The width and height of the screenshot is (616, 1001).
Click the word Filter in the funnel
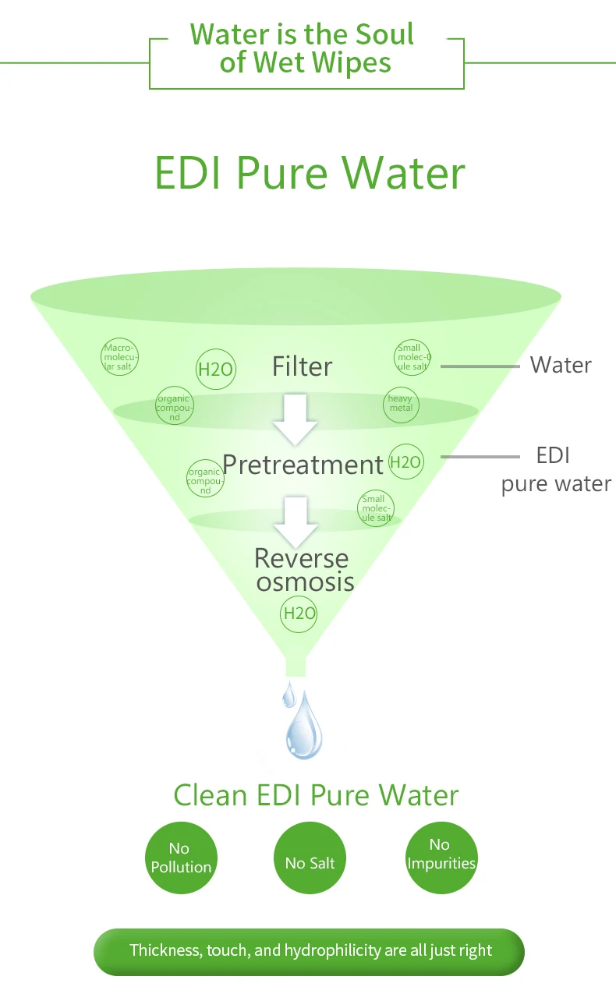pyautogui.click(x=302, y=366)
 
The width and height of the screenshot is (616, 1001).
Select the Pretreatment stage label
pyautogui.click(x=303, y=465)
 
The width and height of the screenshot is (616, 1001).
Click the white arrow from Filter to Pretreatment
pyautogui.click(x=295, y=419)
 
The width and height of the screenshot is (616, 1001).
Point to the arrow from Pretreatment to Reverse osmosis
pyautogui.click(x=295, y=521)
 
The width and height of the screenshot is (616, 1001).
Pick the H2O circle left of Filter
pyautogui.click(x=215, y=369)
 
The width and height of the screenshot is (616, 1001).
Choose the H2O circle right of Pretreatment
pyautogui.click(x=405, y=462)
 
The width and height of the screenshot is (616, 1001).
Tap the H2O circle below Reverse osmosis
pyautogui.click(x=299, y=614)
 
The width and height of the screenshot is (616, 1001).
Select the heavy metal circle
pyautogui.click(x=401, y=404)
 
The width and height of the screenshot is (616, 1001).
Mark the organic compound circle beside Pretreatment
pyautogui.click(x=205, y=478)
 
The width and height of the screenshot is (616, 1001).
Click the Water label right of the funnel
pyautogui.click(x=561, y=365)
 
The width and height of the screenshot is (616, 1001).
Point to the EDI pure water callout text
pyautogui.click(x=555, y=470)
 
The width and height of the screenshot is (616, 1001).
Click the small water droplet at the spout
pyautogui.click(x=289, y=693)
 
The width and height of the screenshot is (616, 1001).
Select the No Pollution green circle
pyautogui.click(x=181, y=858)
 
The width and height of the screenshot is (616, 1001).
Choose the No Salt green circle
pyautogui.click(x=310, y=862)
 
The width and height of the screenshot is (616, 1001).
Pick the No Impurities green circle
pyautogui.click(x=441, y=854)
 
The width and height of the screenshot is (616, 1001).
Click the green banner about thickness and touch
pyautogui.click(x=310, y=951)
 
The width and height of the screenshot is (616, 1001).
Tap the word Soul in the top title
pyautogui.click(x=384, y=35)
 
